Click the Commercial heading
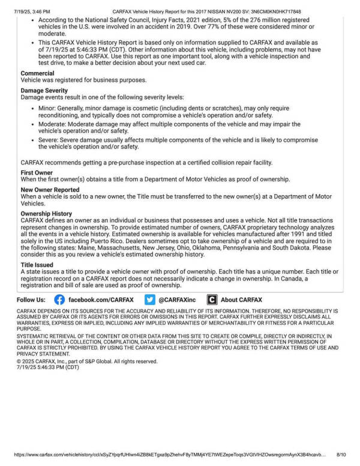[37, 73]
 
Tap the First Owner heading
[37, 172]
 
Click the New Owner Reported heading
[50, 190]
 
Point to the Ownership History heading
[46, 213]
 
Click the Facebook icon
[59, 299]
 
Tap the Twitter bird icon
[150, 299]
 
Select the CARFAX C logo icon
[212, 299]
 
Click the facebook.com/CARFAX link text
[101, 299]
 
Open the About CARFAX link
[241, 299]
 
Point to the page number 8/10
[342, 455]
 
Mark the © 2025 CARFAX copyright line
[87, 362]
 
